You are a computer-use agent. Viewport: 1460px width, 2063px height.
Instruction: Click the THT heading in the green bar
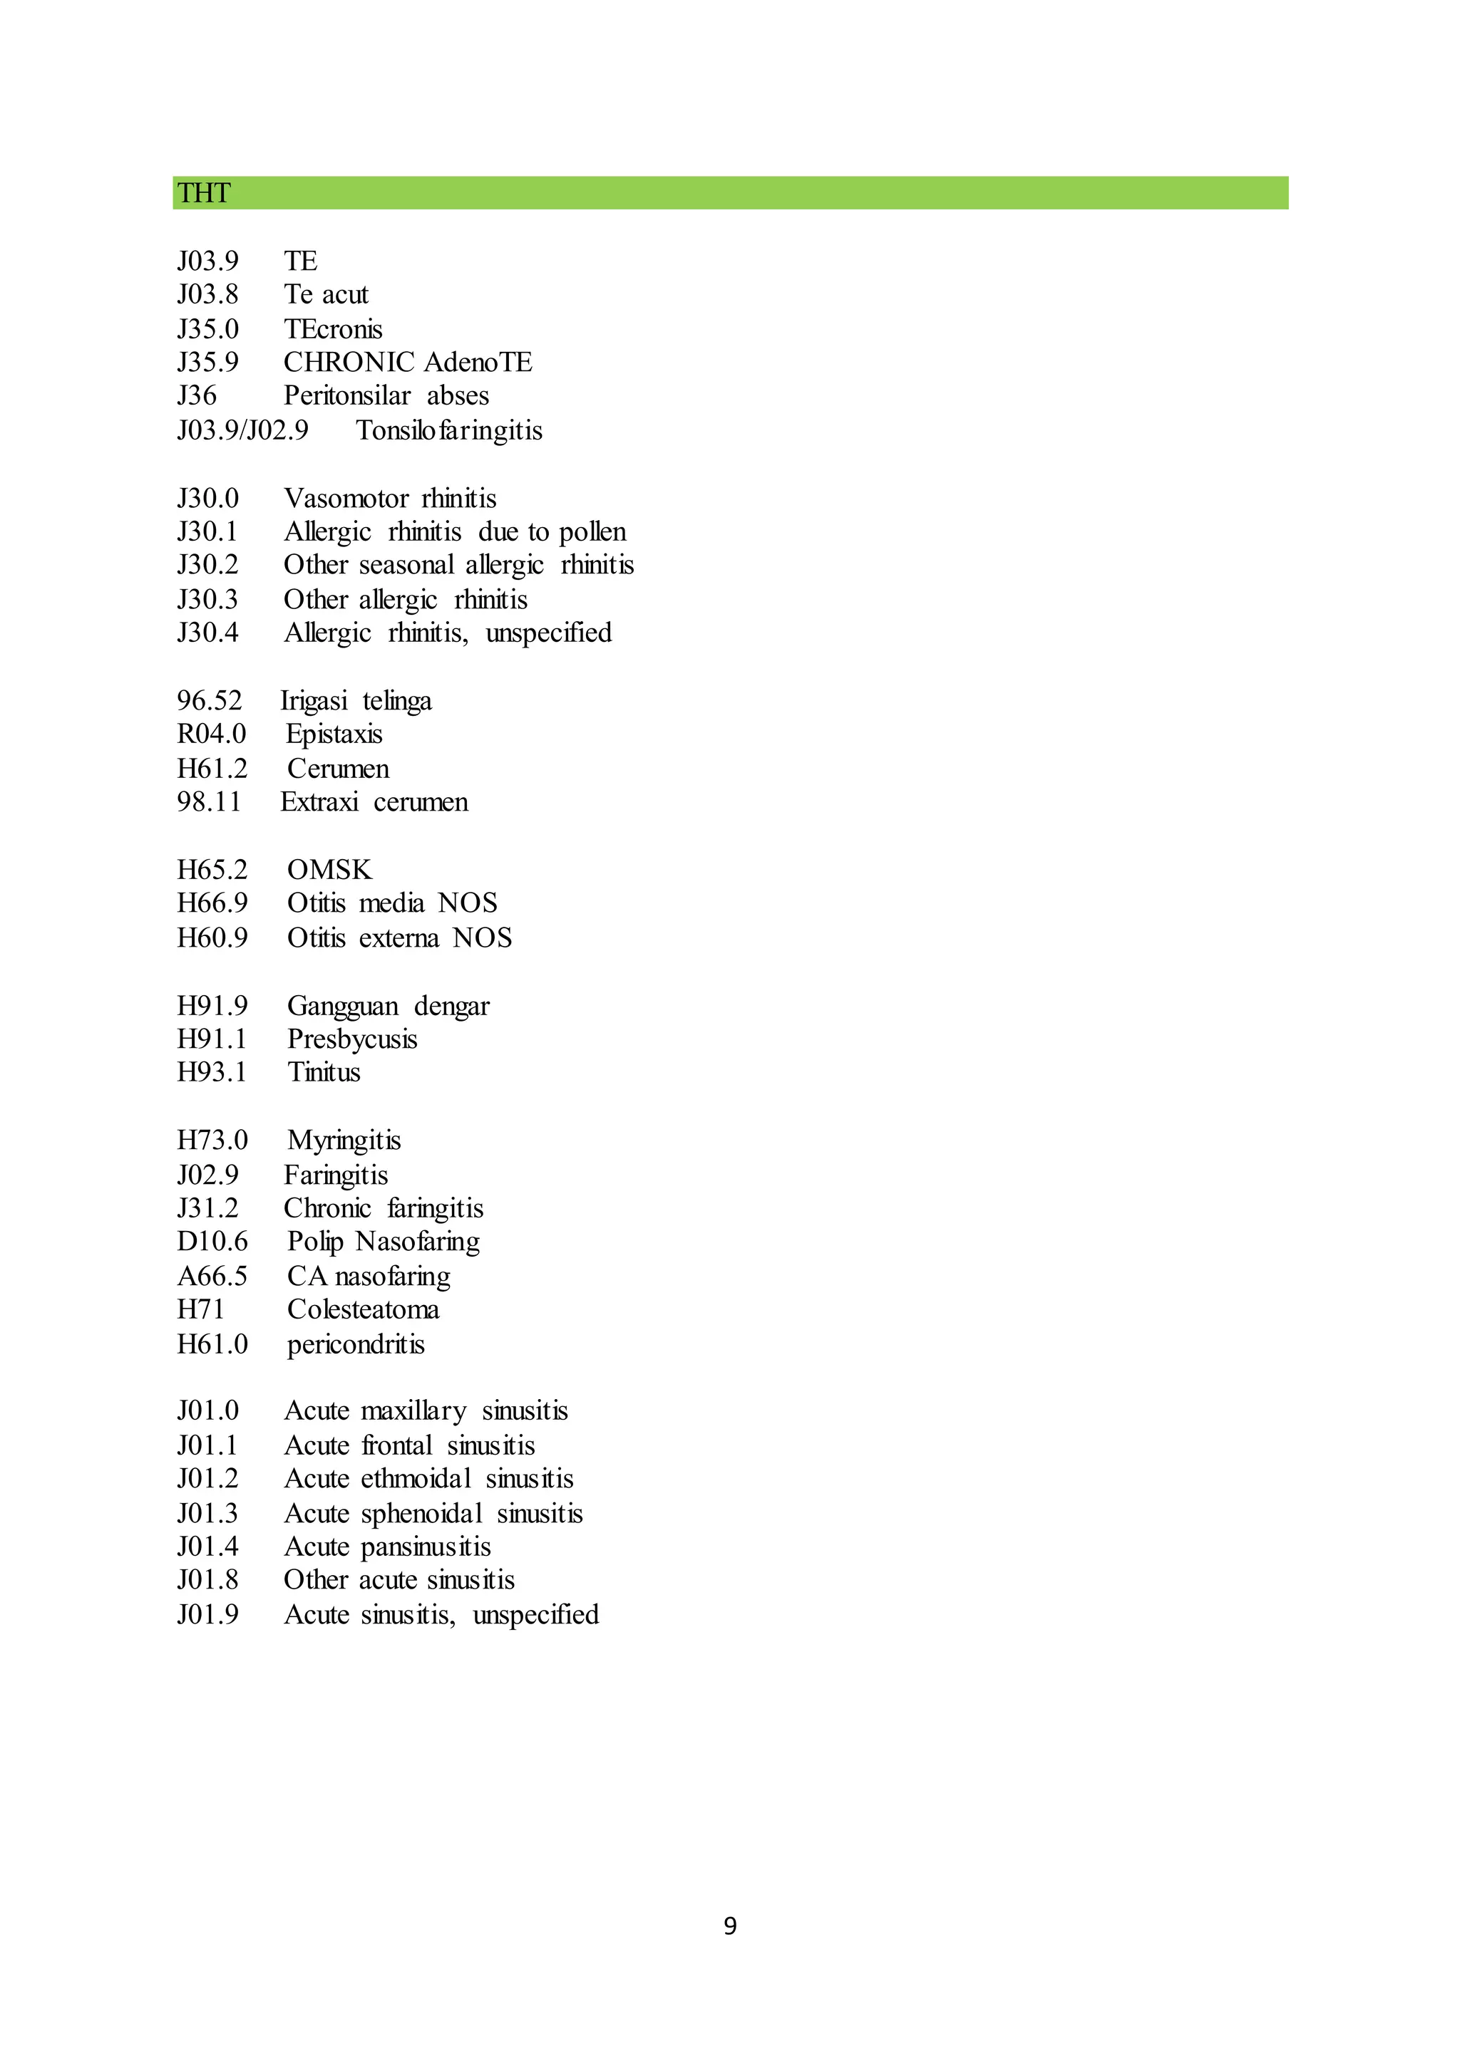pos(203,193)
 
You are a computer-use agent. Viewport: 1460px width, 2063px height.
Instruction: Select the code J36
pos(197,395)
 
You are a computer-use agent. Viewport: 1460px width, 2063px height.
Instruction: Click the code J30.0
pos(207,498)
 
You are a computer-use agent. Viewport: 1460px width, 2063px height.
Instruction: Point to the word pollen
pos(592,532)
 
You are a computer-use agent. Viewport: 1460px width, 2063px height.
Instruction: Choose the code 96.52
pos(209,701)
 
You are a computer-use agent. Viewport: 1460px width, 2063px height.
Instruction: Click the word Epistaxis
pos(334,734)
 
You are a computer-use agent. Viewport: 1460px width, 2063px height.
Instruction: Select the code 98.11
pos(209,801)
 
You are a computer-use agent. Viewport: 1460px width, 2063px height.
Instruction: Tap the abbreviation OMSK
pos(329,870)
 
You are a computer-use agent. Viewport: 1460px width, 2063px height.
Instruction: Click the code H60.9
pos(212,938)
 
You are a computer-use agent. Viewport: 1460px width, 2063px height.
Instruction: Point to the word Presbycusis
pos(351,1039)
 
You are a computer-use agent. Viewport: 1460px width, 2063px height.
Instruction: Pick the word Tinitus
pos(324,1072)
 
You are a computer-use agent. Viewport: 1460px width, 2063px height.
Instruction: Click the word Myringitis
pos(344,1140)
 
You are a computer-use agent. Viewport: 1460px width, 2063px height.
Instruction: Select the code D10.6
pos(212,1242)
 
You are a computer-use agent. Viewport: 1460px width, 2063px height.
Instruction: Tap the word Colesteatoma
pos(363,1309)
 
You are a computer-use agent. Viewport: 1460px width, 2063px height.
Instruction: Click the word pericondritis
pos(355,1344)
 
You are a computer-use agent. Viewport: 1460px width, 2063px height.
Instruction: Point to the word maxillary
pos(413,1412)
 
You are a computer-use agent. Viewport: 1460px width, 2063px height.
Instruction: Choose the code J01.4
pos(207,1547)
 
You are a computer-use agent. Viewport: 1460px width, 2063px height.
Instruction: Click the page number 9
pos(730,1926)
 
